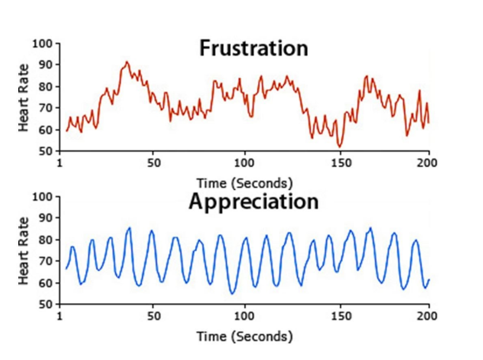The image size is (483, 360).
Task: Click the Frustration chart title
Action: click(x=253, y=48)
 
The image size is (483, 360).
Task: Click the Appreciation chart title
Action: click(x=253, y=201)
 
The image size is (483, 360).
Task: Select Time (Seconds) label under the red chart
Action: click(x=244, y=182)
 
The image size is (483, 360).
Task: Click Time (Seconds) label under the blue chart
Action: click(x=244, y=335)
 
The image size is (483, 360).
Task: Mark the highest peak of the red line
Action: click(x=126, y=61)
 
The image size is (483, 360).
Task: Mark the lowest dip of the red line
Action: click(x=340, y=146)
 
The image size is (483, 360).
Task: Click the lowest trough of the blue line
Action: click(x=232, y=294)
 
